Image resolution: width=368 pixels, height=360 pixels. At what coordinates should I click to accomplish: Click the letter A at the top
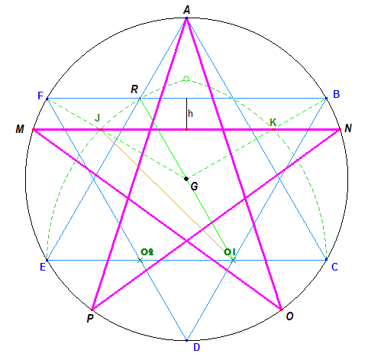pyautogui.click(x=187, y=10)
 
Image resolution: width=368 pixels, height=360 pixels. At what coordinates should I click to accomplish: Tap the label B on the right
pyautogui.click(x=336, y=94)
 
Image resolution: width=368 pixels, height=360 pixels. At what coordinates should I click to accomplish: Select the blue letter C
pyautogui.click(x=334, y=267)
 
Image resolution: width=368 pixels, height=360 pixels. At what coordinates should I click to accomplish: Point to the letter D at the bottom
pyautogui.click(x=196, y=347)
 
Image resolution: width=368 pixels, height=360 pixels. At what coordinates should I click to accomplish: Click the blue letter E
pyautogui.click(x=43, y=267)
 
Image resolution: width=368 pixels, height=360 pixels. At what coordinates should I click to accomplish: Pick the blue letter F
pyautogui.click(x=40, y=96)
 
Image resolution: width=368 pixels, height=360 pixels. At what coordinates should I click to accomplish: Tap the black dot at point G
pyautogui.click(x=186, y=179)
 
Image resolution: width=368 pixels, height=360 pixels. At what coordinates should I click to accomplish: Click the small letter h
pyautogui.click(x=190, y=113)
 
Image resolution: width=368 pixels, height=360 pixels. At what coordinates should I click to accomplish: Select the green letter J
pyautogui.click(x=97, y=118)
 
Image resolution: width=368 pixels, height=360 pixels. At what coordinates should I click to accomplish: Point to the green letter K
pyautogui.click(x=273, y=122)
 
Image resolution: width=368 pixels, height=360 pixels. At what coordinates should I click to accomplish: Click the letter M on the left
pyautogui.click(x=20, y=129)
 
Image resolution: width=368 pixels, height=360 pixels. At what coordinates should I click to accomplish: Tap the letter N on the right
pyautogui.click(x=348, y=128)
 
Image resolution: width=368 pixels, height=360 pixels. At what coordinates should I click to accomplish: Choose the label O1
pyautogui.click(x=230, y=252)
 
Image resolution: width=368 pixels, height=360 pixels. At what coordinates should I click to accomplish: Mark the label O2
pyautogui.click(x=147, y=252)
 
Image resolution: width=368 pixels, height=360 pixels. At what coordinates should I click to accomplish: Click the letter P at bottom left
pyautogui.click(x=90, y=319)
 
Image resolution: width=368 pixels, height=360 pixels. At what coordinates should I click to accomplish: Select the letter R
pyautogui.click(x=134, y=89)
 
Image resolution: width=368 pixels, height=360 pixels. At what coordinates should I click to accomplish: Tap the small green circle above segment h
pyautogui.click(x=186, y=79)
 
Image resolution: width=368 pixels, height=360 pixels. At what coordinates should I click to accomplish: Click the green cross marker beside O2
pyautogui.click(x=140, y=260)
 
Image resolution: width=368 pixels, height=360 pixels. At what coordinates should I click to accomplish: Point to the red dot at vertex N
pyautogui.click(x=340, y=130)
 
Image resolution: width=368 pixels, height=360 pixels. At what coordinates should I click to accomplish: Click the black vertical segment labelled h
pyautogui.click(x=186, y=114)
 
